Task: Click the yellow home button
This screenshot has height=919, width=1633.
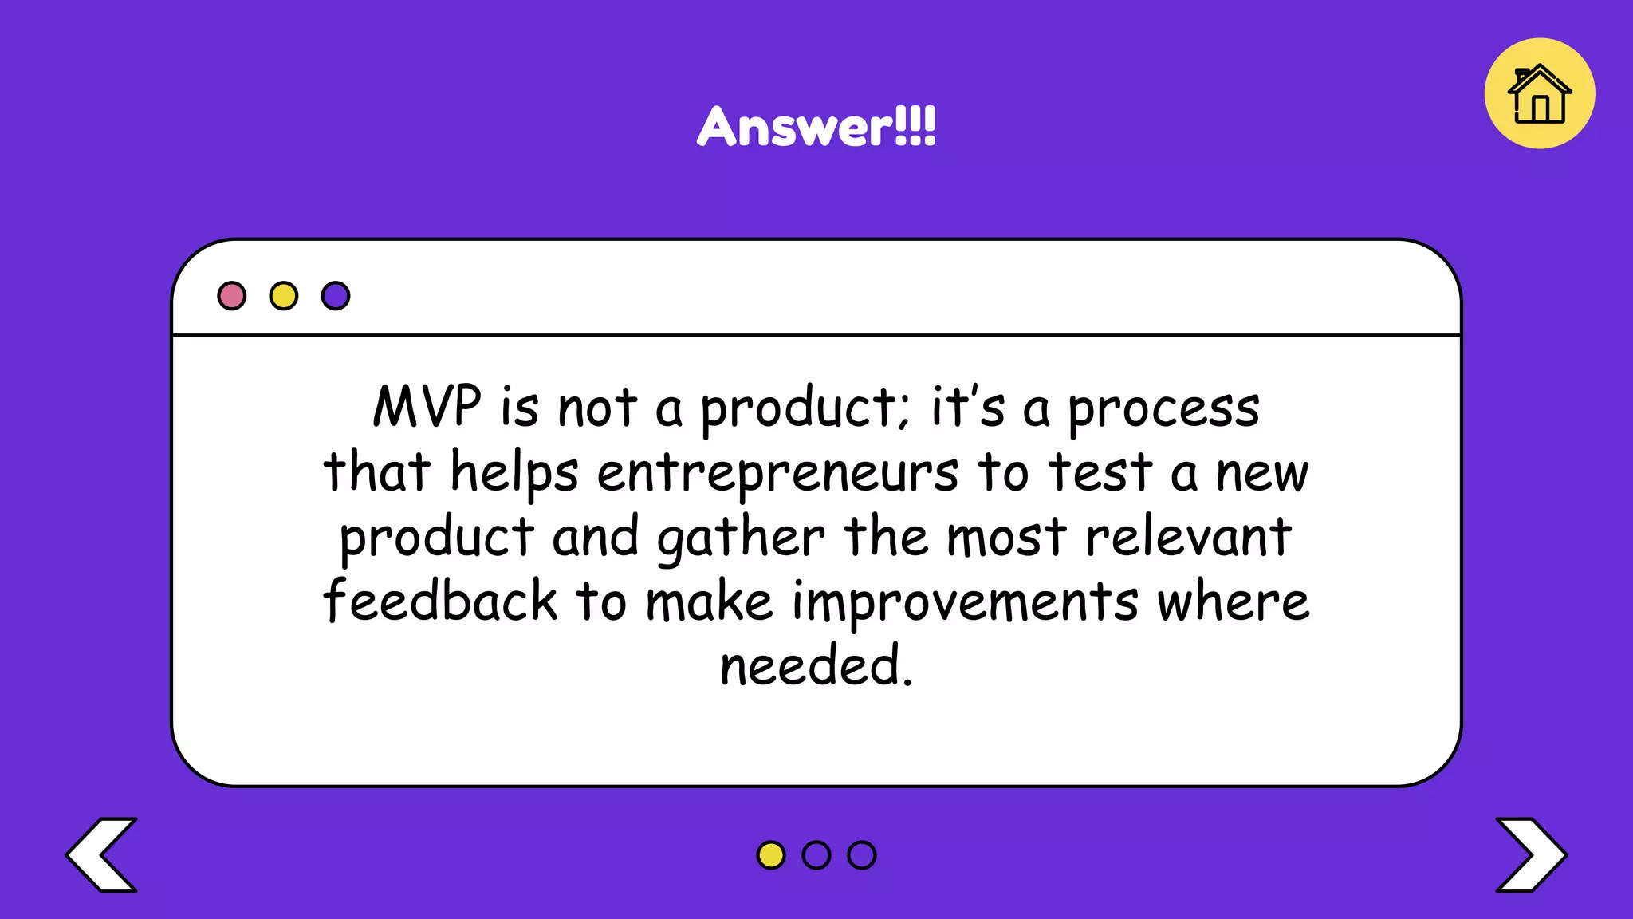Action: point(1539,94)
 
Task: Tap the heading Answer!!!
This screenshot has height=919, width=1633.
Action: point(816,127)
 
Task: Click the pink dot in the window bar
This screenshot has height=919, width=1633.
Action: point(232,296)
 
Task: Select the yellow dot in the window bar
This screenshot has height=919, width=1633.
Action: point(284,296)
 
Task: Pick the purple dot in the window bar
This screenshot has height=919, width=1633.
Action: point(336,296)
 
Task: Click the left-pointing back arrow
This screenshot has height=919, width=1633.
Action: point(102,854)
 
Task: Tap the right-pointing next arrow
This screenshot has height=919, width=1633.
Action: point(1531,854)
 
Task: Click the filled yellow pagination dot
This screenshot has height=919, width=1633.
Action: point(770,855)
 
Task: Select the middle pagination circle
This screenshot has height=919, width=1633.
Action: point(816,855)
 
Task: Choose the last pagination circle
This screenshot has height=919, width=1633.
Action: point(862,855)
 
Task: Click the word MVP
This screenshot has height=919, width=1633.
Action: point(427,407)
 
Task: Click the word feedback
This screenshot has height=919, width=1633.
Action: point(440,601)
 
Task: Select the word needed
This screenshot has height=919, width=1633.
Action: point(815,665)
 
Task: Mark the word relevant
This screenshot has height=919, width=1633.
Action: point(1188,537)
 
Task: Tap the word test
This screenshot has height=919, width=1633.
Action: point(1100,472)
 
